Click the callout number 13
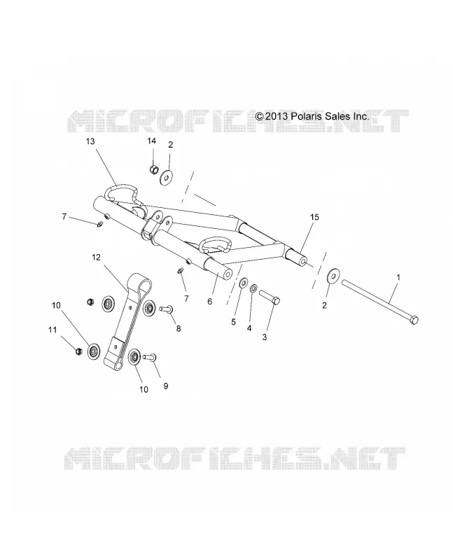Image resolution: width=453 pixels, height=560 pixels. pos(90,141)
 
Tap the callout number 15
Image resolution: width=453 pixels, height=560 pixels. pos(314,217)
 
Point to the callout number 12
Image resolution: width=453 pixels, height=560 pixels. pos(96,258)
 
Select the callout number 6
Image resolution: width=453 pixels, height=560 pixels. pos(210,302)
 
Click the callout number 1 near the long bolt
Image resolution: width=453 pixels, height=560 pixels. pos(398,277)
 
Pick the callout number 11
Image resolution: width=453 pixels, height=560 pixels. pos(53,330)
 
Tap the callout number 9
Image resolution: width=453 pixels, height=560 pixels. pos(166,386)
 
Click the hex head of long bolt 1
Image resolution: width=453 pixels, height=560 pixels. pos(413,320)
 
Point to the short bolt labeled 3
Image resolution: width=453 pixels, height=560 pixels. pos(270,297)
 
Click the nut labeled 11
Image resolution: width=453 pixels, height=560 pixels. pos(78,351)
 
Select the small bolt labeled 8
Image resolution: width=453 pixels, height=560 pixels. pos(166,307)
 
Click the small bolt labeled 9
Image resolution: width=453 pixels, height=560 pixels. pos(150,356)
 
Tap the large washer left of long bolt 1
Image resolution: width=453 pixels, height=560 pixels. pos(334,276)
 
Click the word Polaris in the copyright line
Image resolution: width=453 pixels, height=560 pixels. pos(307,116)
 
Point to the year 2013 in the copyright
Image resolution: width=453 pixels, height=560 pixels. pos(276,117)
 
